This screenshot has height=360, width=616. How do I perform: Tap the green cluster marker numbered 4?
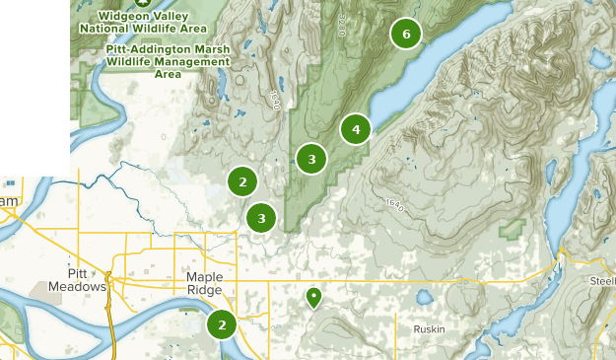click(x=356, y=128)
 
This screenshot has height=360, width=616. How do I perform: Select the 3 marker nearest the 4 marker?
click(x=311, y=158)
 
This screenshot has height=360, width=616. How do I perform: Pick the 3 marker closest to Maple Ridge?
click(x=261, y=218)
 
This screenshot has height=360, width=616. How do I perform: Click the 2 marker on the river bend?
click(x=223, y=324)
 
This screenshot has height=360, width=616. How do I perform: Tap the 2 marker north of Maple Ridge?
click(x=242, y=181)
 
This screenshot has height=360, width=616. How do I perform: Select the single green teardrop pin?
click(x=313, y=296)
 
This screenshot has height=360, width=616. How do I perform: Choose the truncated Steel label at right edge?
click(x=602, y=280)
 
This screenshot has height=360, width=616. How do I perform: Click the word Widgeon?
click(x=121, y=16)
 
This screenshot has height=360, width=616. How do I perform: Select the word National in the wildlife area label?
click(x=112, y=29)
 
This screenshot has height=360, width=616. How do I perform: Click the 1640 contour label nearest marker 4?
click(x=395, y=204)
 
